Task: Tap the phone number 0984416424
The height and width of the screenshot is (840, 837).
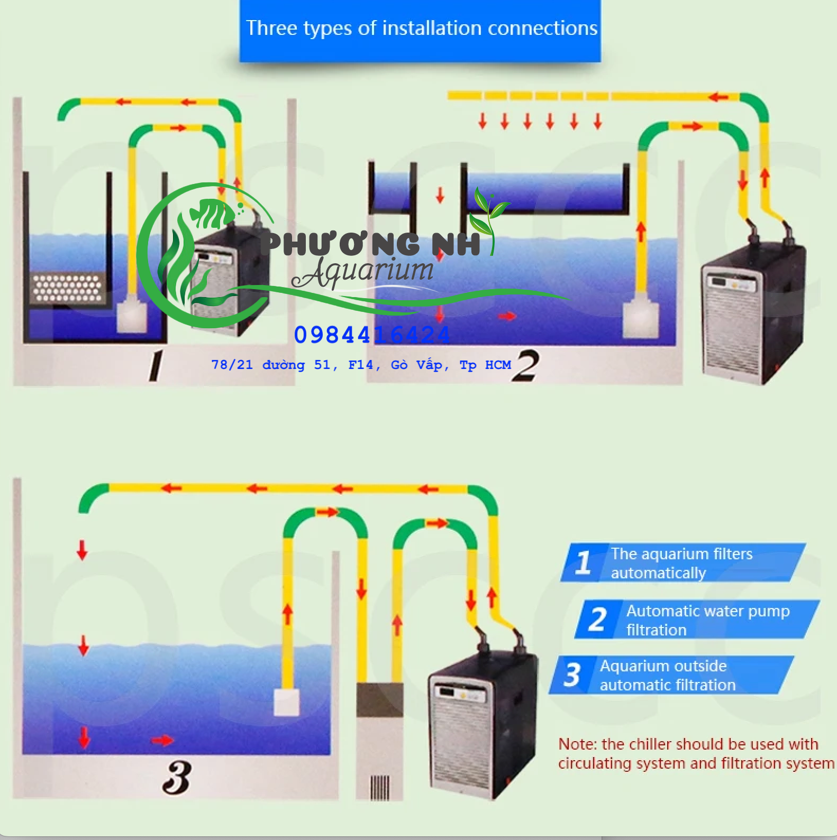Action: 371,335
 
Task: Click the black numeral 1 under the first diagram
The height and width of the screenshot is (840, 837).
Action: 156,366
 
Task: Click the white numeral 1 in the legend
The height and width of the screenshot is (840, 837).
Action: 583,562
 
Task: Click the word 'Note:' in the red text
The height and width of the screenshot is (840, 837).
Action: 577,744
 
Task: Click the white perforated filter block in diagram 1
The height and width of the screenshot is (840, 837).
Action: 68,288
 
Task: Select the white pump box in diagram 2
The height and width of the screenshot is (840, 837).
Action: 640,319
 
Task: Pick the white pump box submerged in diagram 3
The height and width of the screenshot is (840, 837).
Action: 286,702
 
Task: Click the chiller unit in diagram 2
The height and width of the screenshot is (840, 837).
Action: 751,312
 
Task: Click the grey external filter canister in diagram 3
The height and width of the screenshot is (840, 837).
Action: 379,740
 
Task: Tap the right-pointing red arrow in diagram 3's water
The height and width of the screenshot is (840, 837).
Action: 163,740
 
